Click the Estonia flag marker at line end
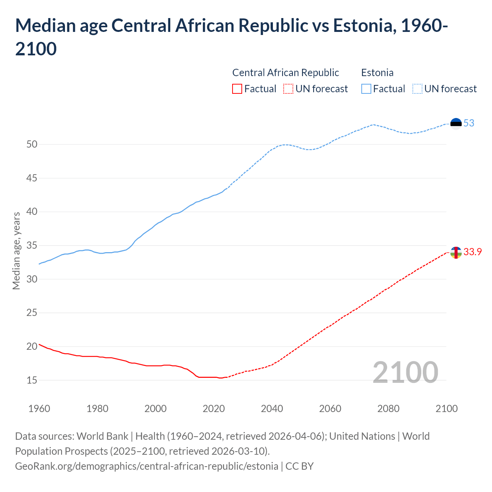(456, 123)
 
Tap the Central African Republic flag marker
(456, 252)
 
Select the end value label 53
(469, 123)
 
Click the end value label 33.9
(473, 252)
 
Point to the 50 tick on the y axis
(32, 145)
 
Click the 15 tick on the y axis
(32, 380)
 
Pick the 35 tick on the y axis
(32, 246)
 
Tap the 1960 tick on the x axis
(39, 409)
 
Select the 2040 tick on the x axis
(272, 409)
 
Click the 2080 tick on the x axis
(388, 409)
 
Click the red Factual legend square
(237, 89)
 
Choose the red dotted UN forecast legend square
(288, 89)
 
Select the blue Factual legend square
(366, 89)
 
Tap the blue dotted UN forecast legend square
(417, 89)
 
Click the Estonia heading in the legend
(377, 73)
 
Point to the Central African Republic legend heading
(286, 73)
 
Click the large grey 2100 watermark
(405, 372)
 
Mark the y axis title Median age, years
(16, 251)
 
